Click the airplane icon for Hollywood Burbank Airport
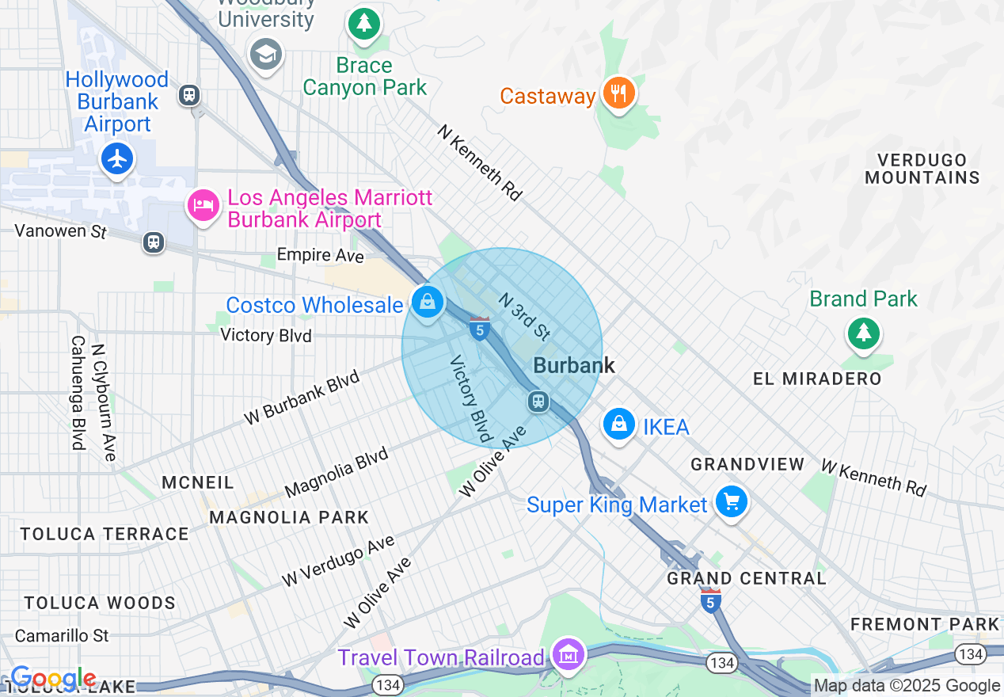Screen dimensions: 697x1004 [x=117, y=159]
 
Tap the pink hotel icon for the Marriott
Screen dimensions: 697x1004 [x=203, y=206]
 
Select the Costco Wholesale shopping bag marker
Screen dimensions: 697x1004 [x=428, y=303]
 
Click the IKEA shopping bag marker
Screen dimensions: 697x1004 [x=619, y=425]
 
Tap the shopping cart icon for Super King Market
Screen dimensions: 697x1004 [x=731, y=502]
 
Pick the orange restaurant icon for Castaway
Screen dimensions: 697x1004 [x=618, y=94]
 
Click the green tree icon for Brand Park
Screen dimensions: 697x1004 [x=863, y=333]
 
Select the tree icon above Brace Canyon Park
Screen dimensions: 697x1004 [x=364, y=24]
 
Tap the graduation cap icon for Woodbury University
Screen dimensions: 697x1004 [x=266, y=55]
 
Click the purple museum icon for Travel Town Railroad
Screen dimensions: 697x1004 [x=569, y=656]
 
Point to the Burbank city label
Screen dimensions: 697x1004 [x=574, y=365]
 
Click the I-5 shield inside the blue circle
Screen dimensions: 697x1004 [x=479, y=329]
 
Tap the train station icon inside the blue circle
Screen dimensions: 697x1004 [x=538, y=401]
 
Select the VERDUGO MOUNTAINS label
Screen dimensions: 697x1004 [x=922, y=169]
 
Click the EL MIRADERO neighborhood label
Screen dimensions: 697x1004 [x=817, y=379]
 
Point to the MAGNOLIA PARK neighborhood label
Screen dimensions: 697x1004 [x=289, y=517]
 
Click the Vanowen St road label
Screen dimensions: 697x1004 [x=60, y=231]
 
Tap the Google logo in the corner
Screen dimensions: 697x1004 [x=53, y=679]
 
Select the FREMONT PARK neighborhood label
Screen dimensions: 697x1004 [x=925, y=624]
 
